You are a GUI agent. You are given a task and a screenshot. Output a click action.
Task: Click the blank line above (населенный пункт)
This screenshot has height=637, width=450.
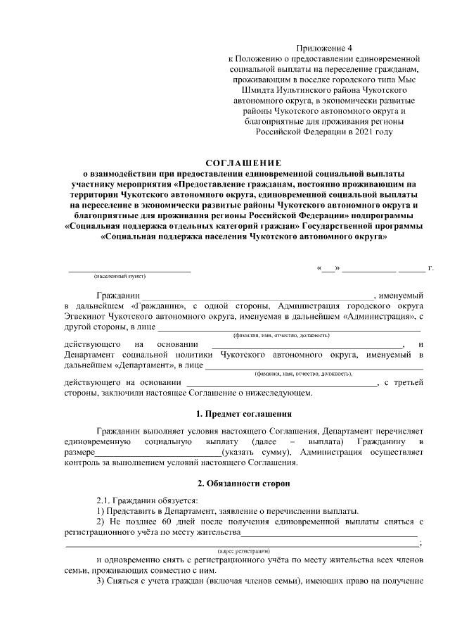tap(129, 270)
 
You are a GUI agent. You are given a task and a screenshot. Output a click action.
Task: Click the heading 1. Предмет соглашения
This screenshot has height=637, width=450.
tap(243, 413)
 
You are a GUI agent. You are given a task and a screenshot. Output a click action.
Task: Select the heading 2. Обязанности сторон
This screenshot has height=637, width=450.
tap(243, 484)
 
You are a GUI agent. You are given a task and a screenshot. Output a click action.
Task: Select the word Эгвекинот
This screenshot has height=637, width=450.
tap(86, 317)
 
